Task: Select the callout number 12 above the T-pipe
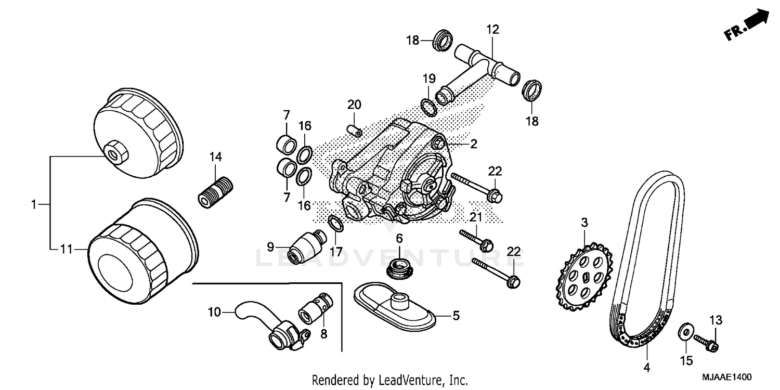[492, 30]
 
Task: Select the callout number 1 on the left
[34, 205]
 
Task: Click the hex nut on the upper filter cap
[114, 152]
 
